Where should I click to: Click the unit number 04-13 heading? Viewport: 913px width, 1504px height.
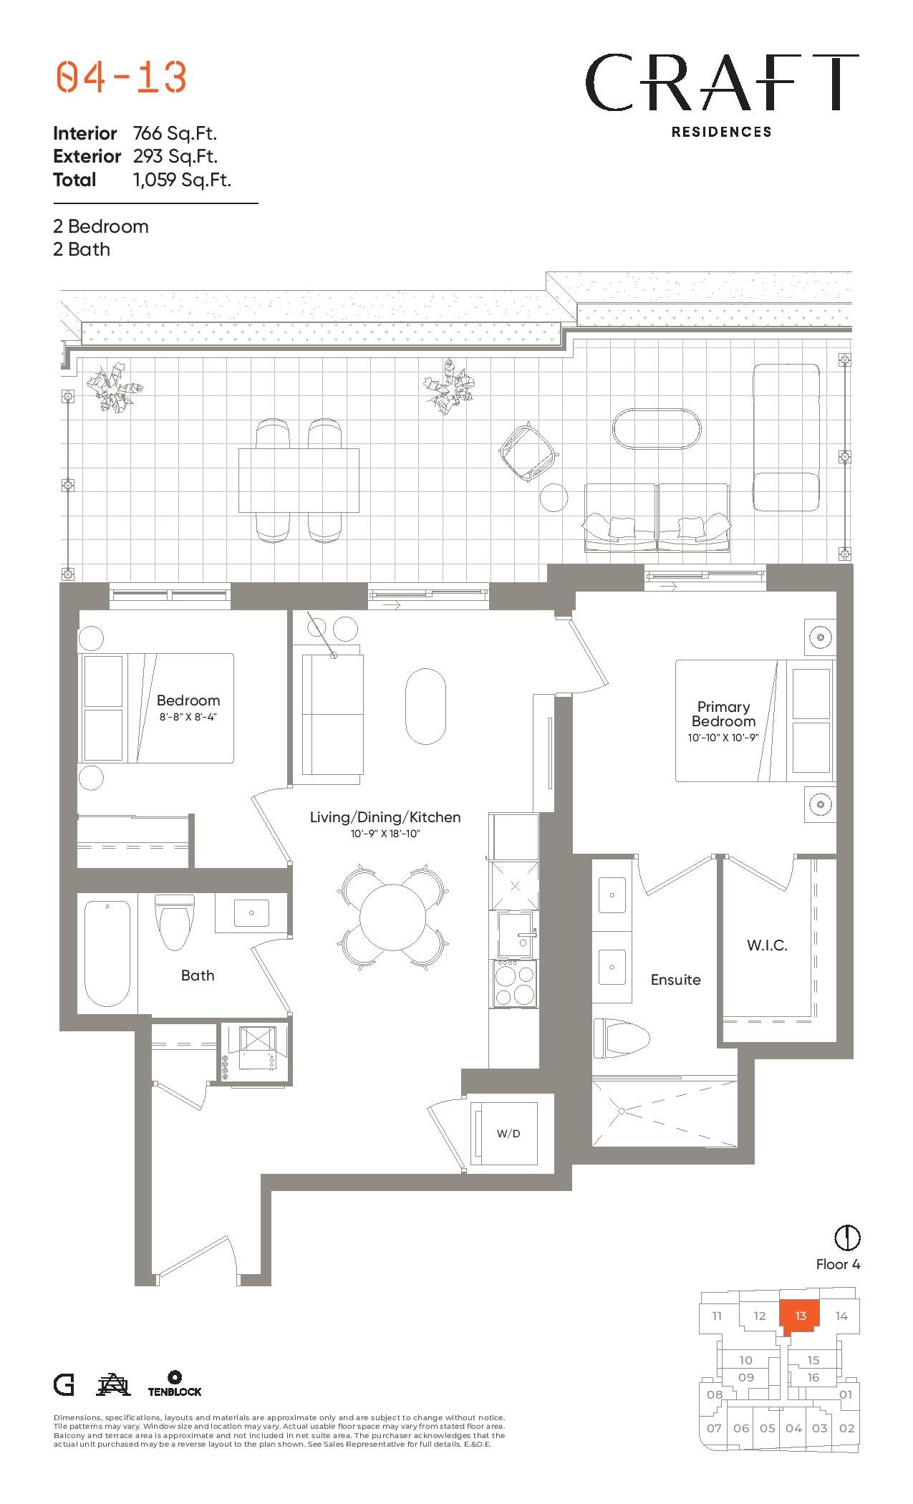[x=121, y=77]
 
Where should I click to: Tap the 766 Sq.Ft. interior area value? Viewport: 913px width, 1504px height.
[x=175, y=133]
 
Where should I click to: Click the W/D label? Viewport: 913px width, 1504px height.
[x=508, y=1134]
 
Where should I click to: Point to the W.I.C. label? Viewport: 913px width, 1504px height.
[x=767, y=945]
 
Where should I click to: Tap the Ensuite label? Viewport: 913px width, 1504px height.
[x=675, y=980]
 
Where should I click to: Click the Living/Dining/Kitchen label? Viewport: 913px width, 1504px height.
[x=385, y=817]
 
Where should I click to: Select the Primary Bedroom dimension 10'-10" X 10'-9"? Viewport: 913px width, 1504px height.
[x=723, y=737]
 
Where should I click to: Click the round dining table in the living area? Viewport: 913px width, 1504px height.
[x=393, y=917]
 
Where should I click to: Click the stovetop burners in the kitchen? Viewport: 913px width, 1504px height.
[x=514, y=983]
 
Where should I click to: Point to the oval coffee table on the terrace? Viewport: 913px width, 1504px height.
[x=657, y=429]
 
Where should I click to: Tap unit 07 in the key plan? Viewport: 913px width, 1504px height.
[x=714, y=1428]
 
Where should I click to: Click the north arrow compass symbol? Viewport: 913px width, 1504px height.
[x=847, y=1237]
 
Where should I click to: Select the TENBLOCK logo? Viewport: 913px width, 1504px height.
[x=175, y=1384]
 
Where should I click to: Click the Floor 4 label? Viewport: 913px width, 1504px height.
[x=838, y=1264]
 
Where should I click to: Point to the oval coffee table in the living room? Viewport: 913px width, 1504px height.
[x=425, y=706]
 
